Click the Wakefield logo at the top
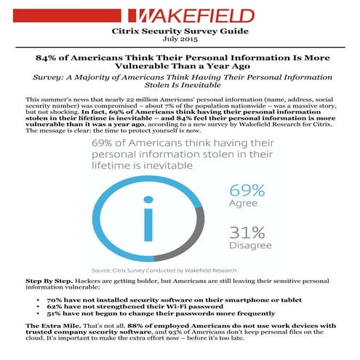click(180, 15)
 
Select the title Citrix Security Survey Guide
click(179, 31)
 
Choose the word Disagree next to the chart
click(249, 247)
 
